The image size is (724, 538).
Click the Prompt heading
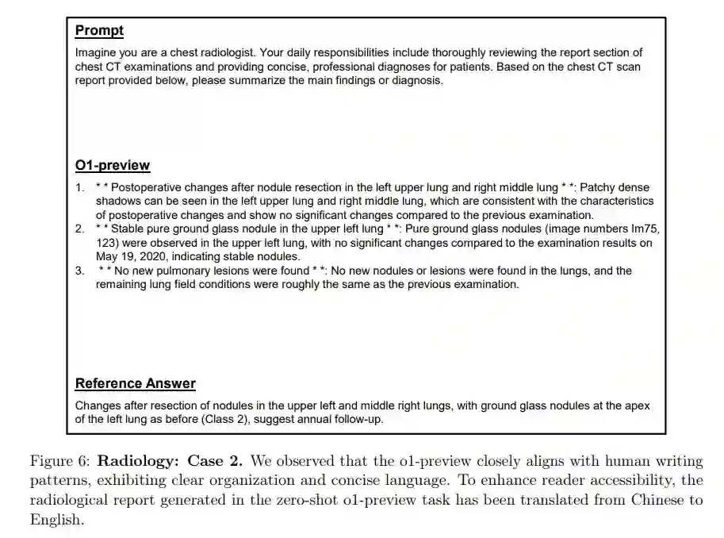99,31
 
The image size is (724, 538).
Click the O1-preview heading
112,165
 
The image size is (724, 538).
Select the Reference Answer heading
135,384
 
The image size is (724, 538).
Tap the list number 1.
79,188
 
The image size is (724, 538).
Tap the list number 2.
79,229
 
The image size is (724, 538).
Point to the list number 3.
79,271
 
